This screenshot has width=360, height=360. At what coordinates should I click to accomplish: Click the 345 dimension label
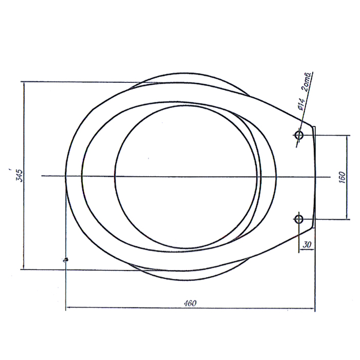tap(20, 176)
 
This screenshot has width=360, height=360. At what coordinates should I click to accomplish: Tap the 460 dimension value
tap(190, 303)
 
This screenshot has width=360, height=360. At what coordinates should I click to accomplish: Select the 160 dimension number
tap(342, 177)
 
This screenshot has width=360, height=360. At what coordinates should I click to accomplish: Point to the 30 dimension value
tap(307, 244)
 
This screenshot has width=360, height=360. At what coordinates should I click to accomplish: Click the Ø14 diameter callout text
tap(301, 104)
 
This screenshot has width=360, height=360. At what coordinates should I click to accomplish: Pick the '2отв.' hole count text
tap(307, 82)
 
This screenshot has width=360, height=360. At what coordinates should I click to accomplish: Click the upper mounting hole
tap(299, 135)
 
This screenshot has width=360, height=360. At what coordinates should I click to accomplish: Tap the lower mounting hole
tap(299, 219)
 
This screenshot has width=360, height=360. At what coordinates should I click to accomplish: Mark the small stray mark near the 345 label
tap(10, 169)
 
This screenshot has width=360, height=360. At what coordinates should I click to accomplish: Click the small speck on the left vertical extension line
tap(66, 260)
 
